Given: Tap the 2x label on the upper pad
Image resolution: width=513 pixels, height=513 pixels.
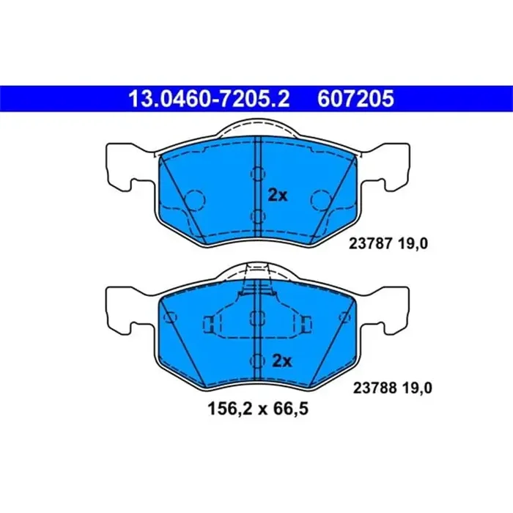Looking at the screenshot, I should (x=278, y=196).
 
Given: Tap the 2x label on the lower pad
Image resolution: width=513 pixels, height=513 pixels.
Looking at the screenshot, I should (x=281, y=361).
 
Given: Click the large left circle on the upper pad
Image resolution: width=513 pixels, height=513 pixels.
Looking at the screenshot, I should (x=194, y=199).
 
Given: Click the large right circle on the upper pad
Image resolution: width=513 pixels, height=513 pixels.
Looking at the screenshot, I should (x=320, y=199).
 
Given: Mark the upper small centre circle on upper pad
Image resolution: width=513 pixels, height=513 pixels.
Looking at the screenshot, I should (x=256, y=174).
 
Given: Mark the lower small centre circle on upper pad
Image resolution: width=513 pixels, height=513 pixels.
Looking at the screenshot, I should (x=256, y=216).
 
